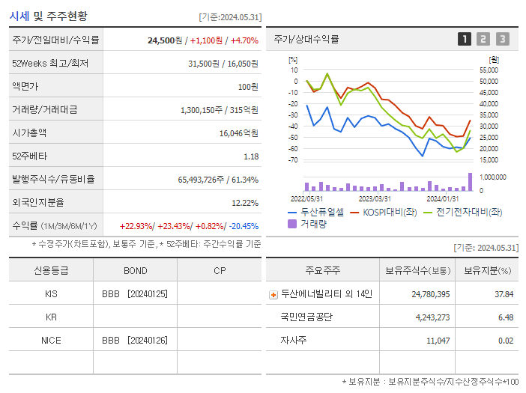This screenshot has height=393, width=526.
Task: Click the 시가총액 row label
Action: click(29, 132)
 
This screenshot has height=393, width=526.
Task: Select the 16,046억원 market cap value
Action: click(239, 132)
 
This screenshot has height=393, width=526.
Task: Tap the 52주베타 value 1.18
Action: click(251, 156)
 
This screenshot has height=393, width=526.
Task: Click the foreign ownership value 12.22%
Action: click(245, 202)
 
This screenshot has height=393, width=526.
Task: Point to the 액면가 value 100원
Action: click(248, 86)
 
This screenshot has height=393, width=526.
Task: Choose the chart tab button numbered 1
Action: click(465, 39)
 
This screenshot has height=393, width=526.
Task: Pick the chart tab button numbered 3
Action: click(502, 39)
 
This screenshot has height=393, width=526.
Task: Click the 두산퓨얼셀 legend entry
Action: click(316, 212)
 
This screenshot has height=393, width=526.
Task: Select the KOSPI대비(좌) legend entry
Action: click(384, 212)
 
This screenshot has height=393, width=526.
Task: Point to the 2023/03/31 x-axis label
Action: click(374, 198)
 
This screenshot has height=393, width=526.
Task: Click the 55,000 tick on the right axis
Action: click(498, 70)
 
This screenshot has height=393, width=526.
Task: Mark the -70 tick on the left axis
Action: click(293, 159)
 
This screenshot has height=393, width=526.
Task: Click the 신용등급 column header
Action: click(51, 270)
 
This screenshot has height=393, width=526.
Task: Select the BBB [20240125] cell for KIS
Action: click(135, 294)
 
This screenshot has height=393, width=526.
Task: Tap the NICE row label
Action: click(51, 340)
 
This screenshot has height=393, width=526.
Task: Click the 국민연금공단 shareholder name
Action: click(307, 317)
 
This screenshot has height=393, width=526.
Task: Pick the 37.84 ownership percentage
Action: click(504, 294)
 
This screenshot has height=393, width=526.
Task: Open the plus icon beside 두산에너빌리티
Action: click(273, 294)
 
